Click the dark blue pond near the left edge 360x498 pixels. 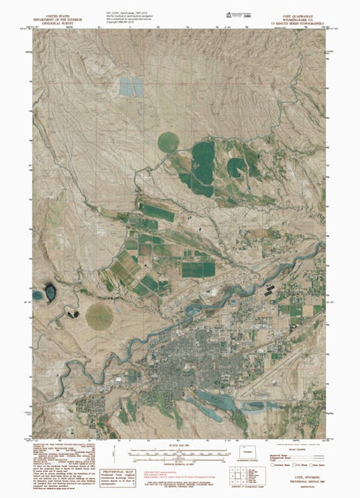click(49, 289)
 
